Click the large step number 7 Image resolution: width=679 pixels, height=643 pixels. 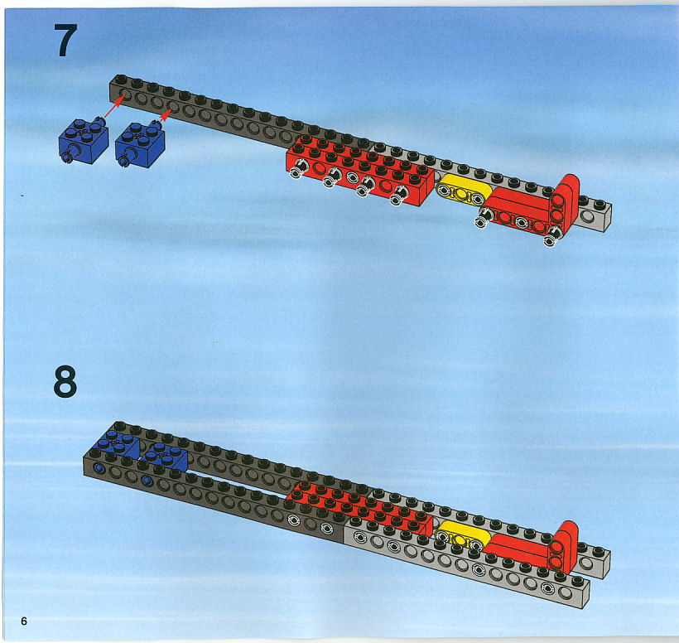coord(65,41)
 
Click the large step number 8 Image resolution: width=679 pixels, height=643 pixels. coord(65,381)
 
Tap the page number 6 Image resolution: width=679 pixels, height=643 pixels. coord(24,621)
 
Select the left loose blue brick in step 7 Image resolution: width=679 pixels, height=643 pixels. coord(83,140)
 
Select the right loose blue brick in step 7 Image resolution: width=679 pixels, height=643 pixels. coord(140,144)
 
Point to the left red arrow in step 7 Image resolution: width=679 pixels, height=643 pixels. coord(114,108)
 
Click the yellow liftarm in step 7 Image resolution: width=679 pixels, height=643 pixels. coord(463,191)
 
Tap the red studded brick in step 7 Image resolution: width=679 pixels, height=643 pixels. coord(360,169)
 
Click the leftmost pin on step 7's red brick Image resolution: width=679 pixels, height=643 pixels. coord(298,168)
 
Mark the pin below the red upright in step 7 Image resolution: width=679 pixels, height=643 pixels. coord(551,236)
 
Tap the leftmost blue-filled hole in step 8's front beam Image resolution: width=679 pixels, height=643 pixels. coord(99,468)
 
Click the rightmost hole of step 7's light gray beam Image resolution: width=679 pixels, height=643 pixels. coord(588,216)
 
